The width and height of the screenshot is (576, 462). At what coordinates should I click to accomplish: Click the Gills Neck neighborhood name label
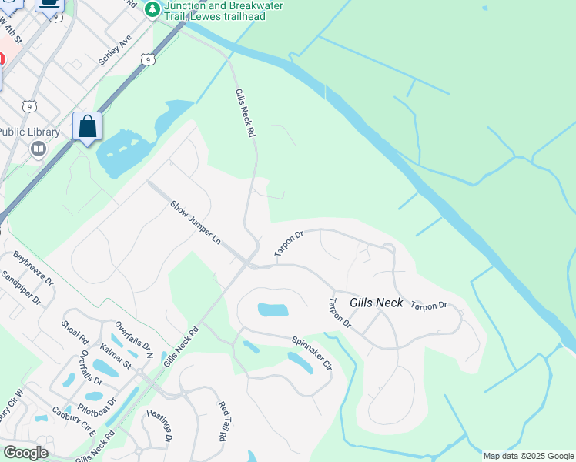click(377, 303)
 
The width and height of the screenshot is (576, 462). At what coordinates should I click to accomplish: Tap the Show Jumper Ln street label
click(196, 223)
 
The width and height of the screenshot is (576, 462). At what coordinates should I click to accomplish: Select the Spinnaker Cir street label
click(311, 353)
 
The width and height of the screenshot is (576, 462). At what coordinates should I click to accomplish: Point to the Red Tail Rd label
click(223, 420)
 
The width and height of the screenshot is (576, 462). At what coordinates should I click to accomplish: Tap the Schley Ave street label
click(116, 49)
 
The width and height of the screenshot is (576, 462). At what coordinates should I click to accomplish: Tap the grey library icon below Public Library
click(39, 149)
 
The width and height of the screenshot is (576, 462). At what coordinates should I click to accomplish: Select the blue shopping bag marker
click(88, 126)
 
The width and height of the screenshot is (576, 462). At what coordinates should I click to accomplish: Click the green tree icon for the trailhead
click(152, 9)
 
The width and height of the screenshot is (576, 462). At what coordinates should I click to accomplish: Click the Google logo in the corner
click(25, 453)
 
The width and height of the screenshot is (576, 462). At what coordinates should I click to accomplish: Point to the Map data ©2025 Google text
click(528, 456)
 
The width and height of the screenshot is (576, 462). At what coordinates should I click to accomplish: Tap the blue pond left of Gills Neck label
click(273, 310)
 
